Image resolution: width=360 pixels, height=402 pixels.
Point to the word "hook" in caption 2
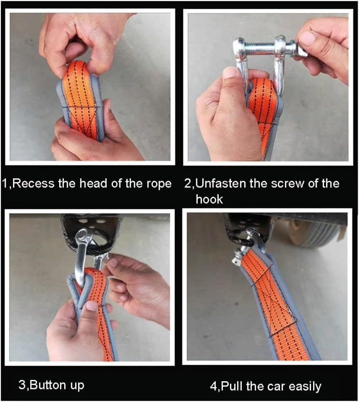[209, 199]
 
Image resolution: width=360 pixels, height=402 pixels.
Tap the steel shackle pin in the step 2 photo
[266, 47]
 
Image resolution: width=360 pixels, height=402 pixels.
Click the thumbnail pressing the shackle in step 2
[230, 73]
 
